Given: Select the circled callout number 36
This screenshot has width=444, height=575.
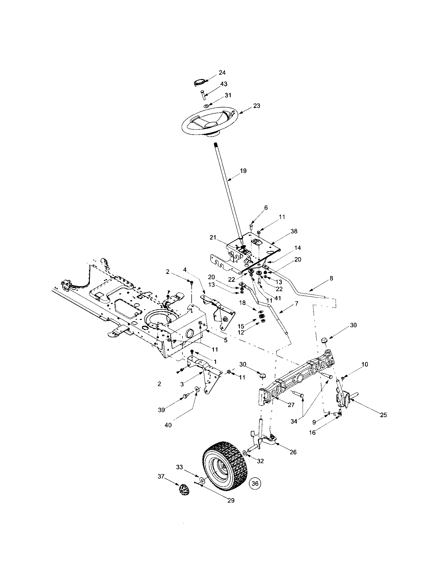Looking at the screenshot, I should point(255,483).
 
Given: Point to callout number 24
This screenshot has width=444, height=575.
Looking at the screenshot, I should point(222,73).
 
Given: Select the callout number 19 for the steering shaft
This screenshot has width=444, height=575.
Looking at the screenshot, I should point(243,171).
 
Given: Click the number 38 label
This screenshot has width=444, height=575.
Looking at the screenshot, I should point(294,231).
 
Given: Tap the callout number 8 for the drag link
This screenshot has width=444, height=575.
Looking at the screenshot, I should point(331,278).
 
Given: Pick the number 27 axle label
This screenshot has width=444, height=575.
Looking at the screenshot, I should point(291,405).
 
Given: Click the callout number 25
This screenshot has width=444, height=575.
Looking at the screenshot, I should point(383,415).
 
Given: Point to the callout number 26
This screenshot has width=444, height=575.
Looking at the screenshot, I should point(293,452).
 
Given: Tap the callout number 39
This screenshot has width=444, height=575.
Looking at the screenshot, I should point(161,410).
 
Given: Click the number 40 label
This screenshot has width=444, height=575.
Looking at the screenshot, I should point(168,425).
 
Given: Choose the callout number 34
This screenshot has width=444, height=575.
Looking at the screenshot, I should point(294,421).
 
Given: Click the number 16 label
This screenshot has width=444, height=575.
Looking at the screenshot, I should point(312,432).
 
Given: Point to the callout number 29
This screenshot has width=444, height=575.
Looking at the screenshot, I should point(231,501).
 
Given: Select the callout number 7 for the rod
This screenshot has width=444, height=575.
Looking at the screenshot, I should point(296,303).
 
